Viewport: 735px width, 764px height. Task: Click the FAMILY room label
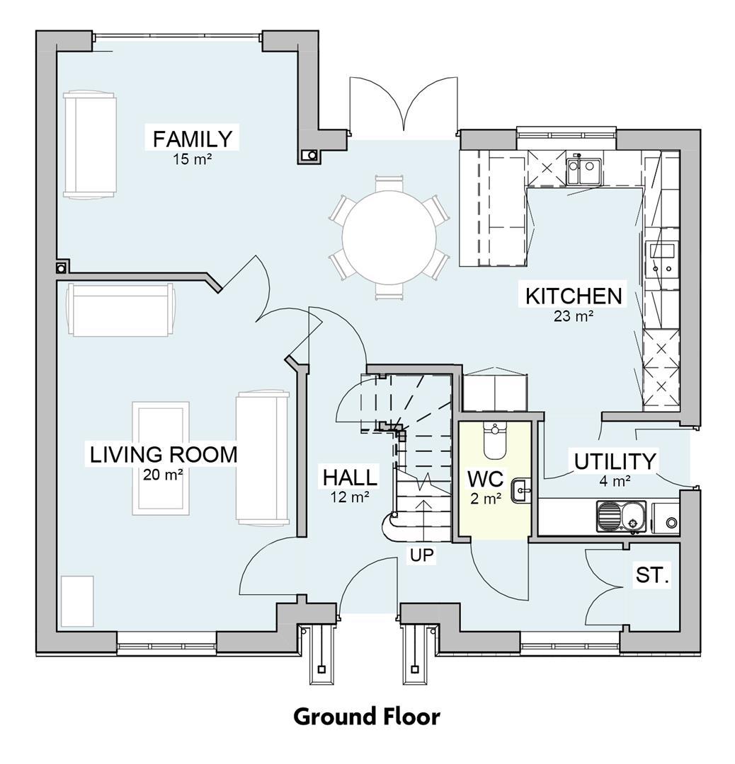tap(192, 138)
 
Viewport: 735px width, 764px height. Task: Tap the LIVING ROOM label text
tap(163, 454)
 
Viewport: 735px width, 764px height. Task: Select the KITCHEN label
tap(573, 295)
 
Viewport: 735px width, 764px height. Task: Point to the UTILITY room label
tap(615, 461)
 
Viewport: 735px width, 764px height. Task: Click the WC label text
tap(485, 479)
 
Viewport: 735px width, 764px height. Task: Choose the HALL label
tap(350, 477)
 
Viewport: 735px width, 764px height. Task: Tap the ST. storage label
tap(652, 575)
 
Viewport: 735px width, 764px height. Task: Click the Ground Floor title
tap(367, 717)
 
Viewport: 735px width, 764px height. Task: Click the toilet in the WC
tap(494, 440)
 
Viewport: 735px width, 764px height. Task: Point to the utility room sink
tap(620, 516)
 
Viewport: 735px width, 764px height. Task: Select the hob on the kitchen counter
tap(662, 257)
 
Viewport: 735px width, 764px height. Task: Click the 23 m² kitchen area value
tap(573, 316)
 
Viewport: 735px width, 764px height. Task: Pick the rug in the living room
tap(161, 457)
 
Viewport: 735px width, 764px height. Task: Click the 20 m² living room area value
tap(163, 475)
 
